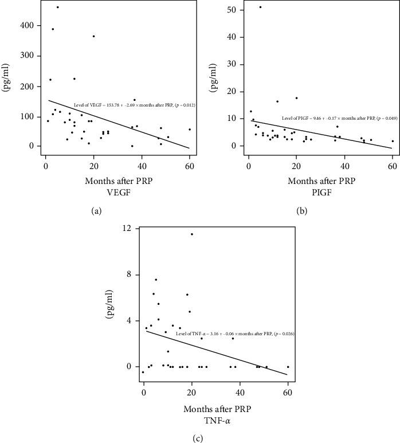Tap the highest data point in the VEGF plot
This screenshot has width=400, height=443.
(x=57, y=7)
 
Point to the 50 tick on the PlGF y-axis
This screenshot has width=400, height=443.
(x=233, y=10)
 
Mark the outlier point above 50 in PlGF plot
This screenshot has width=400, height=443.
(x=260, y=7)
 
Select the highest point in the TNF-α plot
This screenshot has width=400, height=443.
(x=191, y=234)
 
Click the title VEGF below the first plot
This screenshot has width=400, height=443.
(x=96, y=177)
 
